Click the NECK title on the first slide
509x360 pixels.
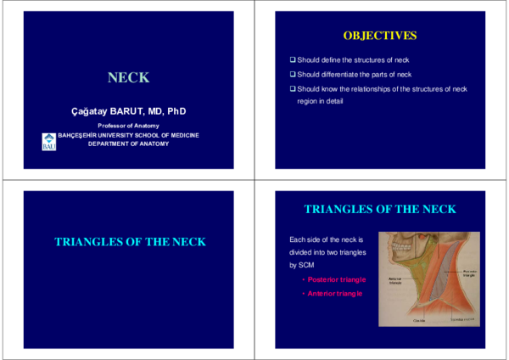[x=129, y=78]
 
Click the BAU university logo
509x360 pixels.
[x=48, y=142]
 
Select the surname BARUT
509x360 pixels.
[x=127, y=111]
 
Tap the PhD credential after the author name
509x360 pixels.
[x=176, y=111]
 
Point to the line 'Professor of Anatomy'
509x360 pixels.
[x=129, y=126]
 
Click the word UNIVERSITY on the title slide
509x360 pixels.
[x=125, y=135]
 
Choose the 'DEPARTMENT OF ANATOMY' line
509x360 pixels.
[x=129, y=143]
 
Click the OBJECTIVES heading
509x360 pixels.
[x=379, y=36]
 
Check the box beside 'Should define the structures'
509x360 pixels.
[x=293, y=60]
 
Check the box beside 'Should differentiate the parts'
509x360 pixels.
[x=293, y=75]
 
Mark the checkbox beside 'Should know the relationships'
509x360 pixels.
[x=293, y=88]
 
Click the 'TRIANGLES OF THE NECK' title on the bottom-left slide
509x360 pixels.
[x=130, y=242]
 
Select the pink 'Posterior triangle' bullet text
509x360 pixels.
[x=337, y=279]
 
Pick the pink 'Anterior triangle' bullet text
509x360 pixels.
[x=335, y=293]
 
